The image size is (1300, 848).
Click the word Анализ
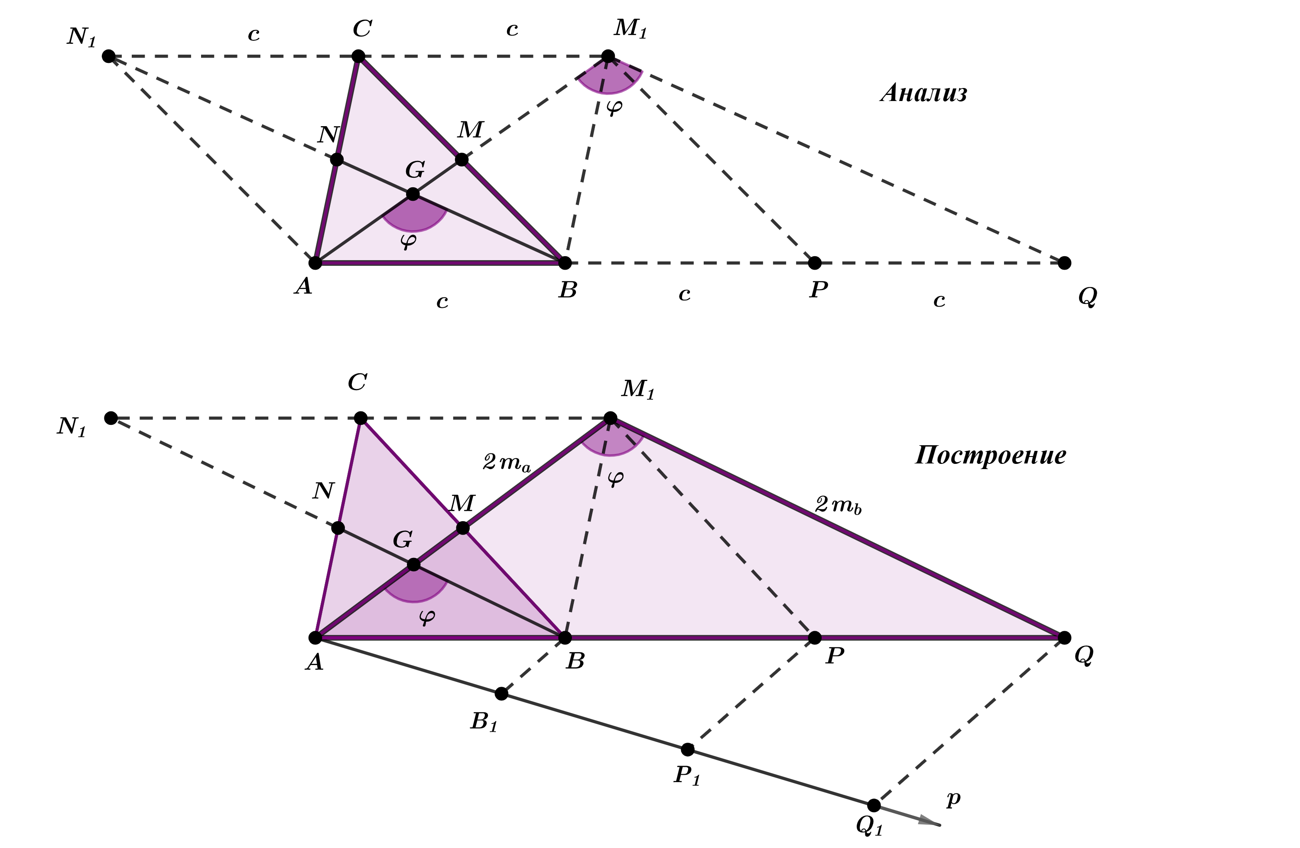tap(924, 93)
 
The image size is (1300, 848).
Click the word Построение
tap(990, 456)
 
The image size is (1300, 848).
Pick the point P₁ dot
tap(688, 749)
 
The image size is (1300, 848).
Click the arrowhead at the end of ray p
tap(930, 821)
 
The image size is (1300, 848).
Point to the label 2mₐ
tap(506, 463)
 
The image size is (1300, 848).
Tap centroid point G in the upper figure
tap(413, 194)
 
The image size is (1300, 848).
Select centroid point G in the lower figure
tap(414, 564)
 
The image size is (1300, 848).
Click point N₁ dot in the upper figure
tap(109, 56)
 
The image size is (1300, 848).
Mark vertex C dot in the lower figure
tap(361, 418)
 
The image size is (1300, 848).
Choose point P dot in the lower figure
tap(814, 638)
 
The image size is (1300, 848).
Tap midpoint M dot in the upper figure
tap(461, 160)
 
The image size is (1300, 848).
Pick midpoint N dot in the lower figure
tap(338, 528)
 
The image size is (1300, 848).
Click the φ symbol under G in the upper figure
tap(409, 241)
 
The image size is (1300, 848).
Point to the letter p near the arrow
tap(953, 799)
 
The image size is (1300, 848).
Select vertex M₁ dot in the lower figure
tap(610, 418)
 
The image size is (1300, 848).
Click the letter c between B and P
tap(684, 294)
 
